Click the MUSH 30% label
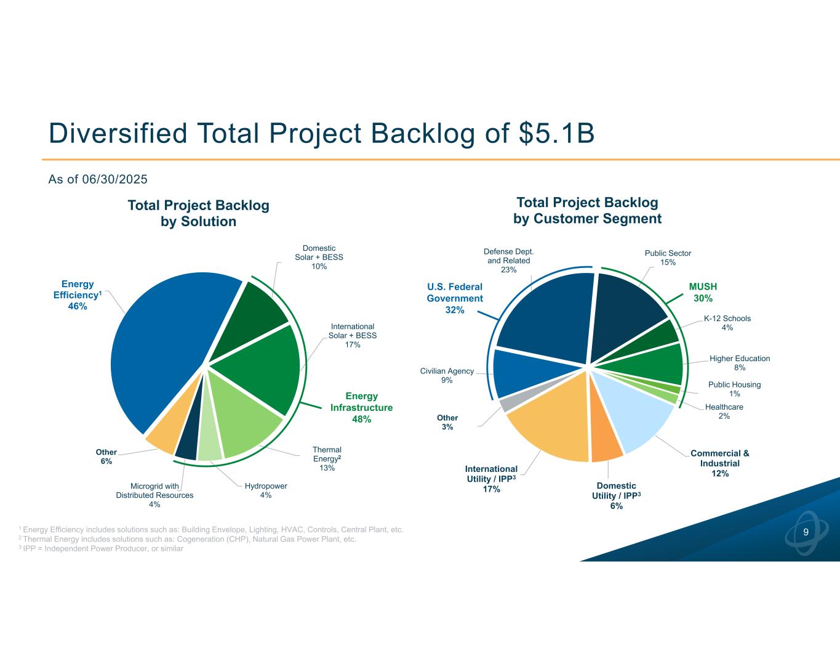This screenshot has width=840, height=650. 703,292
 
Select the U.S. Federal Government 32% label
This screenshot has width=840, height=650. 455,298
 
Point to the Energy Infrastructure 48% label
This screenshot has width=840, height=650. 361,407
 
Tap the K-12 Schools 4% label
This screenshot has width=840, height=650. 727,323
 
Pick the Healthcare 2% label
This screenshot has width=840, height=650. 724,412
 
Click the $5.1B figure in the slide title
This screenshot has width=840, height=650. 556,133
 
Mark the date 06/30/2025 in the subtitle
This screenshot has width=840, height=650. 114,179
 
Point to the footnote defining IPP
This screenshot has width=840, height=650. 102,548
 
